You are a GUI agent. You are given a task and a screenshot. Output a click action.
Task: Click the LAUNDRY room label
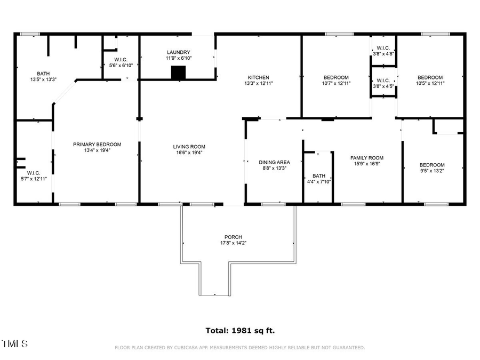tap(178, 52)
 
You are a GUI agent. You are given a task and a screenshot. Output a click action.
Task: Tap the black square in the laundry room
tap(178, 73)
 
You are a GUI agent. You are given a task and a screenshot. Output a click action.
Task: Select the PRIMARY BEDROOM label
tap(97, 145)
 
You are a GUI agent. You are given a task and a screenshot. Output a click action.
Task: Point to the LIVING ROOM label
tap(189, 147)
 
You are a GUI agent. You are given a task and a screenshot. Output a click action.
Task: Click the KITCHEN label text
tap(257, 77)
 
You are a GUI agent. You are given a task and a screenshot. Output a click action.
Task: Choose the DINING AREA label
tap(274, 162)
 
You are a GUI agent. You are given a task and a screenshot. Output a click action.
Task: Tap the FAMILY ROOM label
tap(366, 158)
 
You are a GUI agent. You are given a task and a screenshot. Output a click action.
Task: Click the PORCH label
tap(233, 237)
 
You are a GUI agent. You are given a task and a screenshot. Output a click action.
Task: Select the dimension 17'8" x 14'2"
tap(233, 243)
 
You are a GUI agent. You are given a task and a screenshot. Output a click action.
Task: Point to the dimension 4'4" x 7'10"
tap(318, 182)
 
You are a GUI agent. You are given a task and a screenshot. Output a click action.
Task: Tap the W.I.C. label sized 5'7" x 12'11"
tap(34, 173)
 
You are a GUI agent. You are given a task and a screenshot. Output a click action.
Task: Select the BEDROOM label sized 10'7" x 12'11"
tap(335, 77)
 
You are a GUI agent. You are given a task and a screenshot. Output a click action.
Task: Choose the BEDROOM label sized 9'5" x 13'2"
tap(431, 165)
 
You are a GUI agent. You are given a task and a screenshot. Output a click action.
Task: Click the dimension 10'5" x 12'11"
tap(430, 83)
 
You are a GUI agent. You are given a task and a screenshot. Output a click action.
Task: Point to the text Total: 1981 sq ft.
tap(240, 331)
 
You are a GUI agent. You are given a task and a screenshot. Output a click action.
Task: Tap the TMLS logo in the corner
tap(14, 343)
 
